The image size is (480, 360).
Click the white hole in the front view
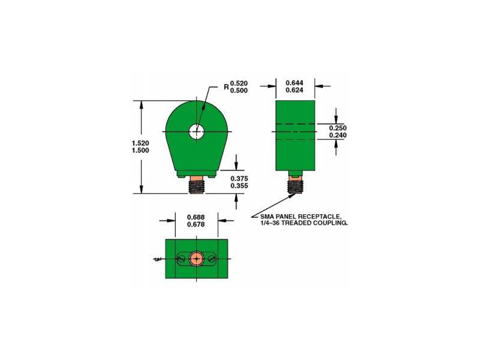196,131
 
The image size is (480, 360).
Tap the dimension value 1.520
140,143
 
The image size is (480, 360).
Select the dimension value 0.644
295,83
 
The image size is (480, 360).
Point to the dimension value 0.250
338,128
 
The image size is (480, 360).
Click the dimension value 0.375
239,178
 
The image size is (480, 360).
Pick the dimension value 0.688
196,217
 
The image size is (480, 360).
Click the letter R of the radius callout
227,87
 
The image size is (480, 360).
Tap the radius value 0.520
239,83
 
